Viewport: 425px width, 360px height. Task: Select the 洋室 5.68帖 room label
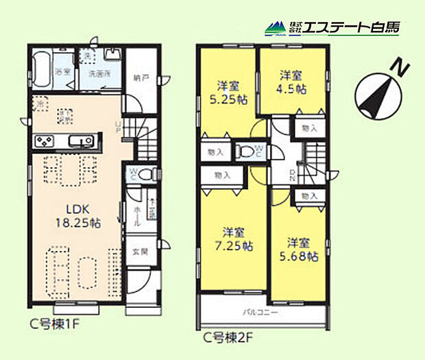point(300,250)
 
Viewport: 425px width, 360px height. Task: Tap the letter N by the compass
point(397,67)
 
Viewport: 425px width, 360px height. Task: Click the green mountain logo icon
point(275,29)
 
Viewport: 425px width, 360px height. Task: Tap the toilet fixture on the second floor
point(245,152)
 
